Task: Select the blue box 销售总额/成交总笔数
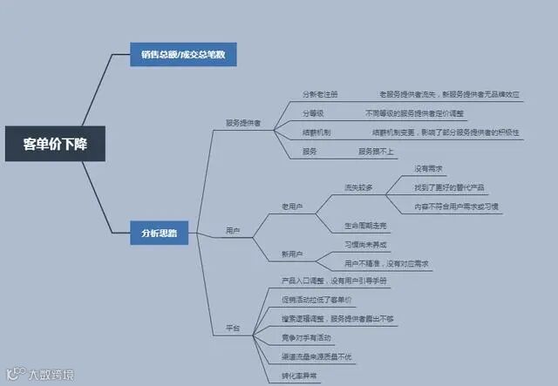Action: (183, 54)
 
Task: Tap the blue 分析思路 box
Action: (159, 233)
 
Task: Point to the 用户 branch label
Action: (233, 231)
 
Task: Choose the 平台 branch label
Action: (233, 328)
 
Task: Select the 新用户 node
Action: (291, 254)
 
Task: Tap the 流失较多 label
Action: (359, 186)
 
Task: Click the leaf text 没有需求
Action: (428, 167)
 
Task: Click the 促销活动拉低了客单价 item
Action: (317, 299)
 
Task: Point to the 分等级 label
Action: (313, 113)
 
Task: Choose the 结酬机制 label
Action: (316, 132)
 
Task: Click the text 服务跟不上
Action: (377, 152)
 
